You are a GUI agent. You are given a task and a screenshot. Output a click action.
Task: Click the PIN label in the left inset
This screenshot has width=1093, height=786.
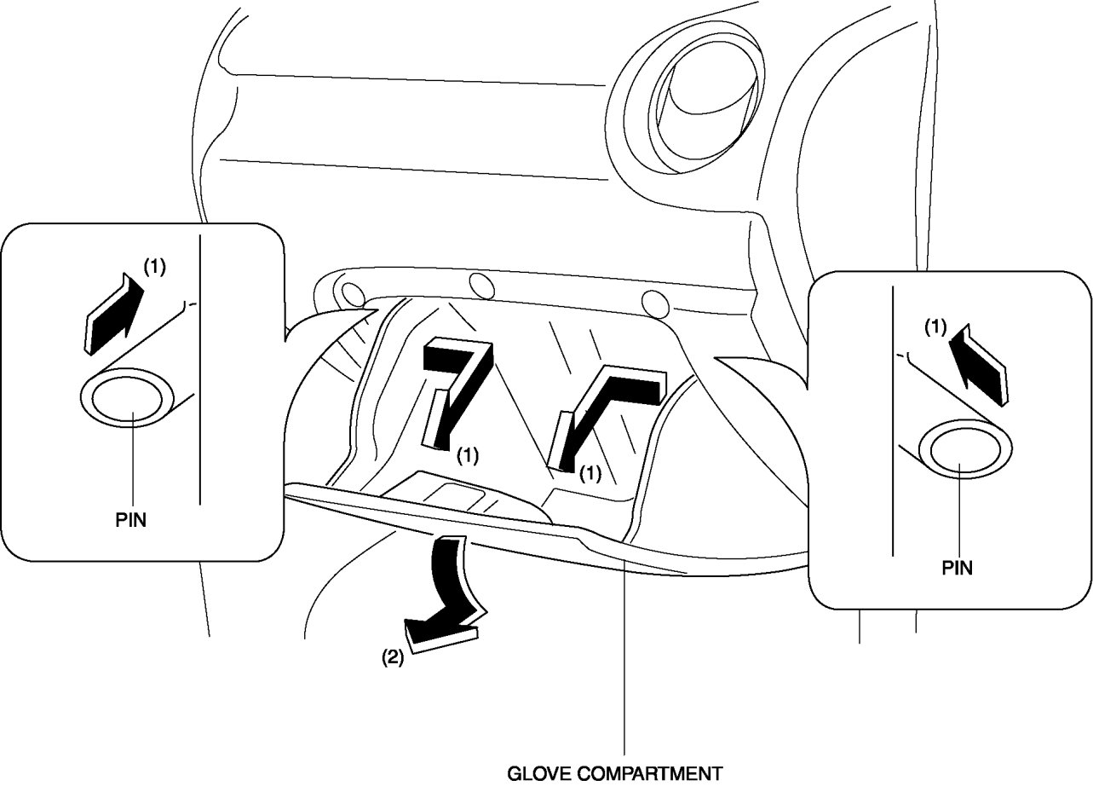click(x=130, y=520)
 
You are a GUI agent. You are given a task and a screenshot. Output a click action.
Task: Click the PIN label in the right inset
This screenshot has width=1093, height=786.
click(x=957, y=568)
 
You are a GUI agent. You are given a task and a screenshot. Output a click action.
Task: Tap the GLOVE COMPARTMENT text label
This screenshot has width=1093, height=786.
click(x=614, y=774)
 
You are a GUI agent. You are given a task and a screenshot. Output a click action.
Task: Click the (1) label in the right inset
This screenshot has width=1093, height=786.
click(x=934, y=326)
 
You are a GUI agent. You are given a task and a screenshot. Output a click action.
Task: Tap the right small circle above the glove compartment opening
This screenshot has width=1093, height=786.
click(x=653, y=303)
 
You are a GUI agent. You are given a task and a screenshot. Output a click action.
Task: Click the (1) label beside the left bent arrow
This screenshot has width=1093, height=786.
click(x=468, y=455)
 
